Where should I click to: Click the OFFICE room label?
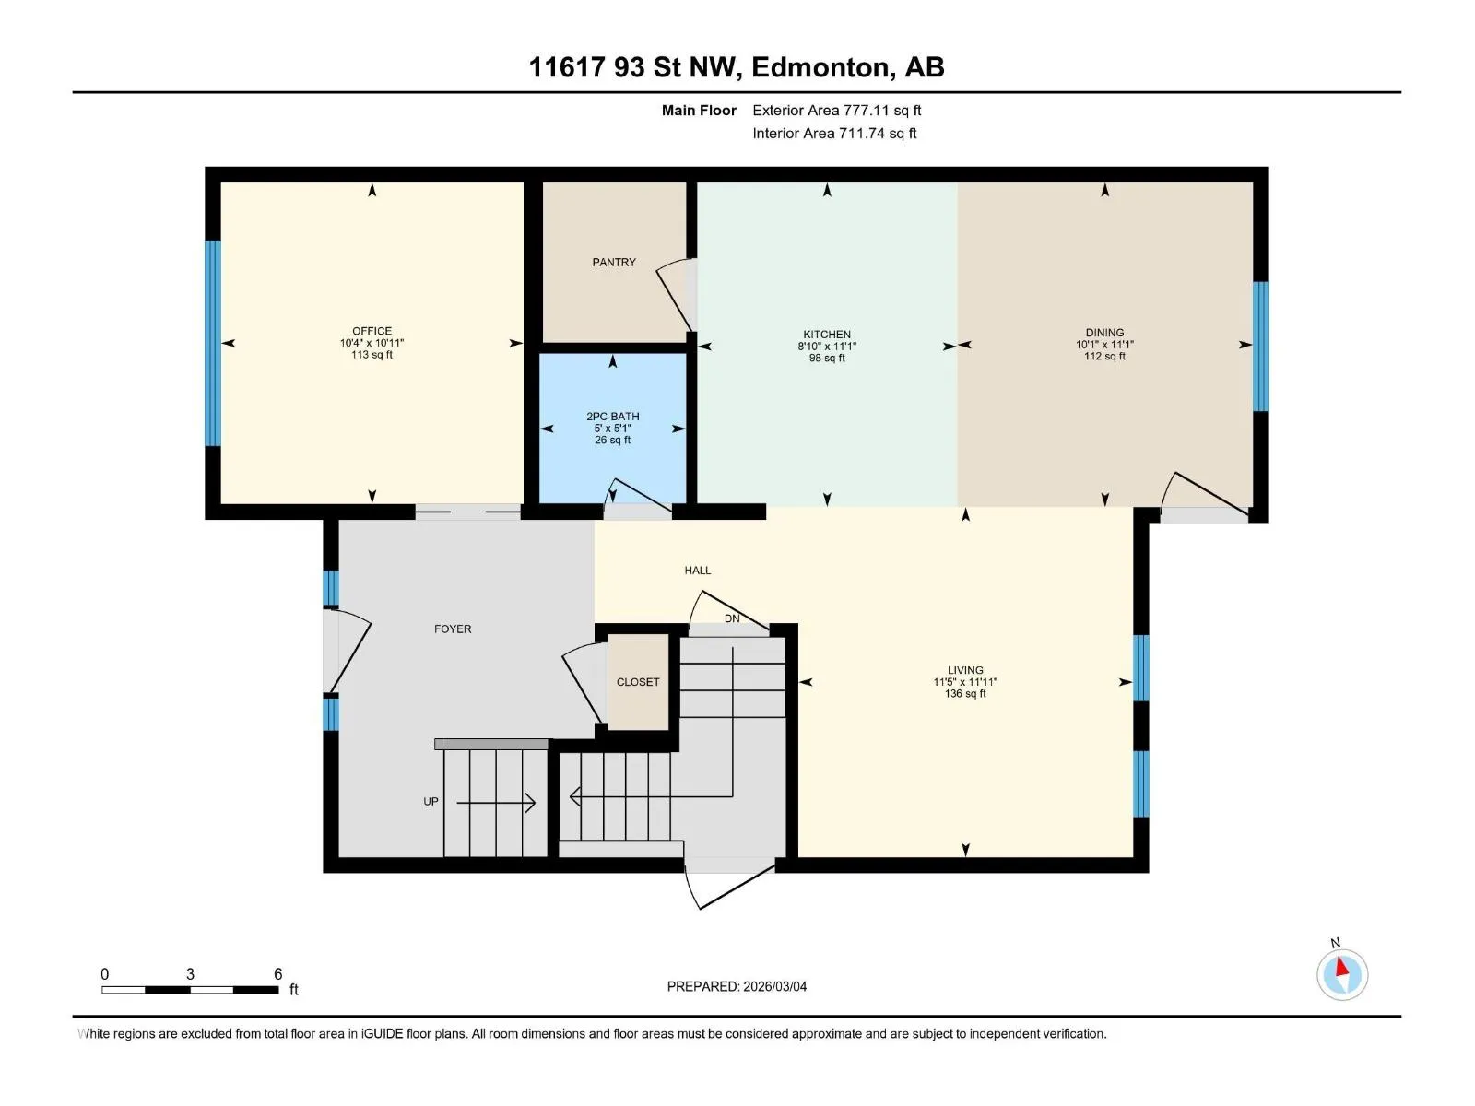372,331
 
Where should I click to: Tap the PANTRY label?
614,262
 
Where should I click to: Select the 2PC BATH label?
612,417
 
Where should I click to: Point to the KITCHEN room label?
827,335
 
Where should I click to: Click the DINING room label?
1104,333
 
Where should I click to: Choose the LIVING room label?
965,670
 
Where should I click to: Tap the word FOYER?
453,629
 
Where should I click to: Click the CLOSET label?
638,682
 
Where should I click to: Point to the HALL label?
698,571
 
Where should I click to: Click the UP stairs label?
431,801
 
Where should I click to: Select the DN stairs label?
732,618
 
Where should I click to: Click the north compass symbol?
1342,974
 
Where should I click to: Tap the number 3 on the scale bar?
190,973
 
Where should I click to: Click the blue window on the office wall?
212,343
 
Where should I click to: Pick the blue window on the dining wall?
1260,347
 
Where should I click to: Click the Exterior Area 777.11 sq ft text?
837,110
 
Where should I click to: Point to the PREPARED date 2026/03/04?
774,986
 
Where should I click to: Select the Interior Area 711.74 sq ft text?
834,133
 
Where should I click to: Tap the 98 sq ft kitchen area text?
827,358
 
